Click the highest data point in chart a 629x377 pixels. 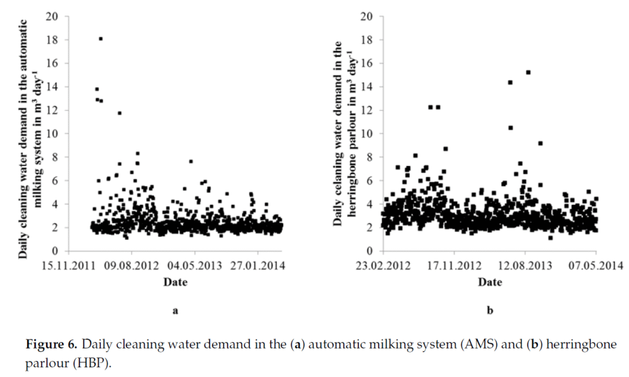click(101, 39)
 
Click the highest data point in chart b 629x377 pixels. click(528, 72)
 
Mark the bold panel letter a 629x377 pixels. click(175, 311)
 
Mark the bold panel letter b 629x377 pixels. click(490, 311)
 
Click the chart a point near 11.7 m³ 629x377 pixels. click(120, 113)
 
